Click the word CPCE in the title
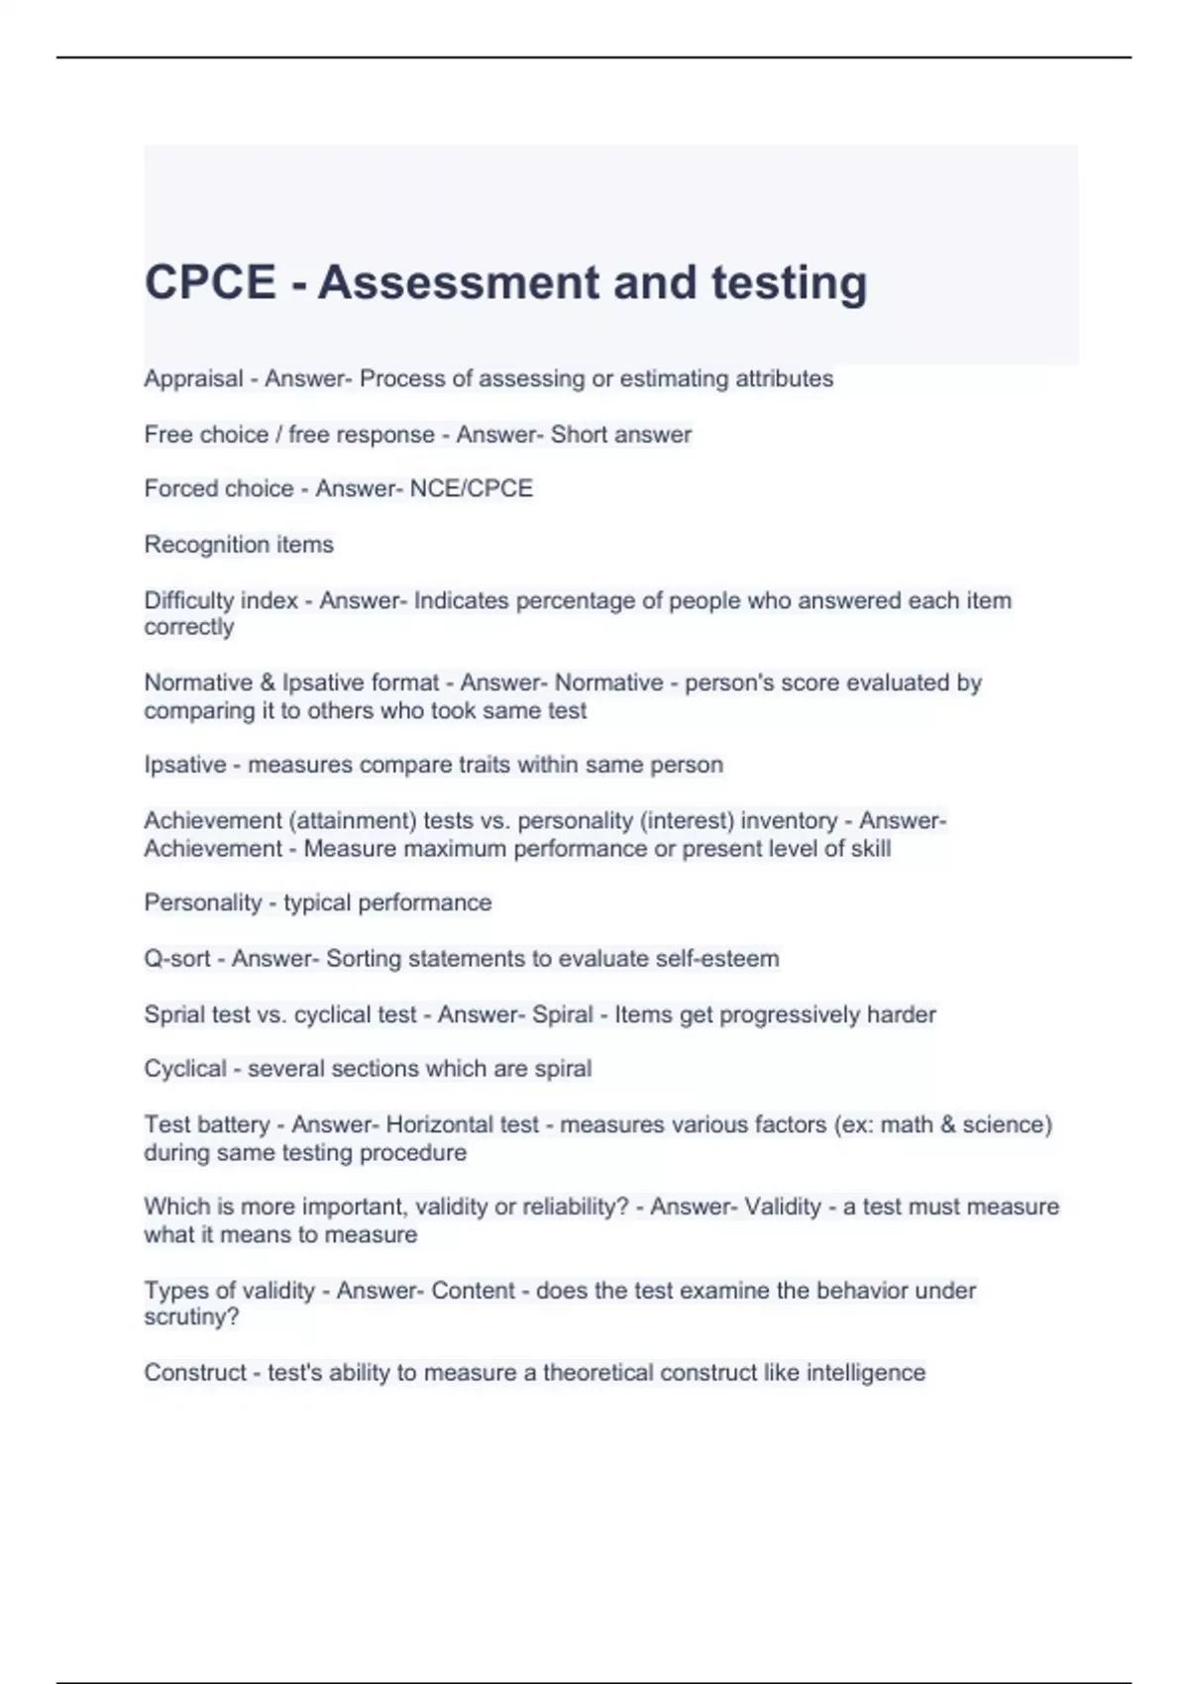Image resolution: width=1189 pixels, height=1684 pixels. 210,282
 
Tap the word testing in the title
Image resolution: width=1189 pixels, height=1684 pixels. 789,282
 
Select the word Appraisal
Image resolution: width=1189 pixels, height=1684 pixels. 193,379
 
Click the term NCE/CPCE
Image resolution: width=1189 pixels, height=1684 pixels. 471,488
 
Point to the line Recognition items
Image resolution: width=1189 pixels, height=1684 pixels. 239,545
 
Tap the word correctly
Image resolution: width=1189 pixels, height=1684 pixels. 188,627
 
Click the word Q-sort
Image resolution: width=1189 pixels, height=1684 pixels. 177,959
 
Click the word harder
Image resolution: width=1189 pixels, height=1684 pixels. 902,1014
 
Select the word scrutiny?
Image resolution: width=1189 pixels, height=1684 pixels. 191,1317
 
